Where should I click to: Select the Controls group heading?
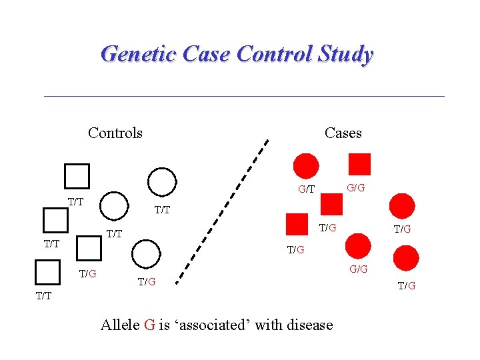(x=115, y=133)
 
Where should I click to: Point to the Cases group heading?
(x=343, y=133)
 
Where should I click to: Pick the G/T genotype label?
(x=306, y=189)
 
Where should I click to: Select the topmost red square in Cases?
(x=359, y=164)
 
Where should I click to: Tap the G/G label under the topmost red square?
(x=356, y=188)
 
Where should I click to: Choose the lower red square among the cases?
(x=297, y=225)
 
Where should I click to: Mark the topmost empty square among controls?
(x=77, y=176)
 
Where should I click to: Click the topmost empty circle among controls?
(x=161, y=181)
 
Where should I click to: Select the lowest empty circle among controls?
(x=146, y=254)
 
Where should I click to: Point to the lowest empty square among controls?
(x=47, y=273)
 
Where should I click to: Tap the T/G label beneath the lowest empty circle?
(x=147, y=282)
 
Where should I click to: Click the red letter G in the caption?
(x=149, y=325)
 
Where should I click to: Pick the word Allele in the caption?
(x=120, y=325)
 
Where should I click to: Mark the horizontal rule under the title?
(x=244, y=97)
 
